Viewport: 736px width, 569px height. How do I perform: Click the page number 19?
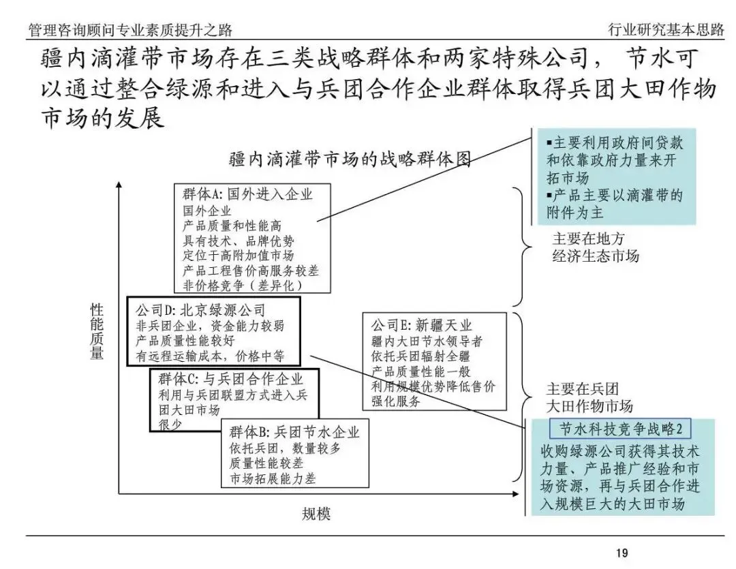[x=622, y=553]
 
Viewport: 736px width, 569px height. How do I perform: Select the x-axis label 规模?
[x=316, y=514]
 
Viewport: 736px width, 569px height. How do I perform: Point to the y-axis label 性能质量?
[x=97, y=332]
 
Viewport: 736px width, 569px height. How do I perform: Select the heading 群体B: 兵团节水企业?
[x=294, y=432]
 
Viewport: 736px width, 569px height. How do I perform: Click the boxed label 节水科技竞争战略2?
[x=619, y=429]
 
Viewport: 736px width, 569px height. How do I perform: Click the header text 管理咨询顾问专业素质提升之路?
[x=130, y=30]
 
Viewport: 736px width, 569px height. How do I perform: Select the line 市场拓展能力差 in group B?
[x=273, y=479]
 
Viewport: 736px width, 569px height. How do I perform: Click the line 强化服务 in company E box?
[x=396, y=401]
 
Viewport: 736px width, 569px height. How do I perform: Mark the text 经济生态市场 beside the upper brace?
[x=595, y=256]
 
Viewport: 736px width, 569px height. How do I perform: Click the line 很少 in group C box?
[x=170, y=425]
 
